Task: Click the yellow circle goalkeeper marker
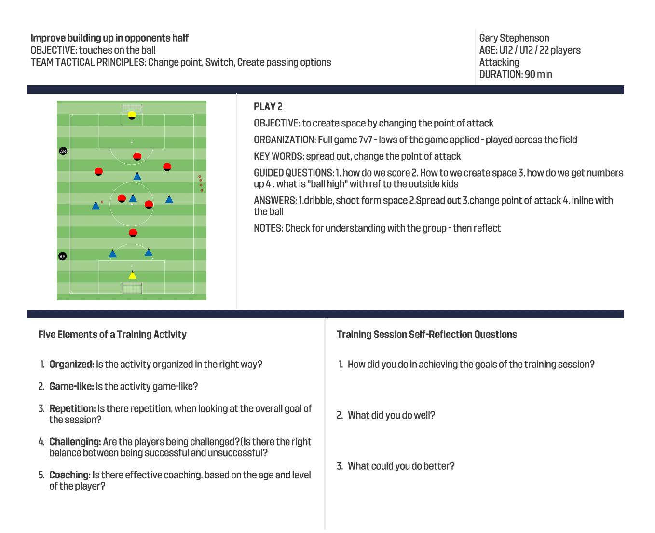[132, 115]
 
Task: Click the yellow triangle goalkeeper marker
[132, 275]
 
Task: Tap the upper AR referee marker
[63, 151]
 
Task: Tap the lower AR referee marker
[62, 256]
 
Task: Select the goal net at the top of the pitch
[132, 107]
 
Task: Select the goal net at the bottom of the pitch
[132, 288]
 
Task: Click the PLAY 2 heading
[268, 107]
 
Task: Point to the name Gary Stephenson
[514, 38]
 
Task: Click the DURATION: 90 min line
[515, 74]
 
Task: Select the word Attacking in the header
[499, 62]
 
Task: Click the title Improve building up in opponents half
[109, 38]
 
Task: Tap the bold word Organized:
[71, 365]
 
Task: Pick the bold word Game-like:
[71, 387]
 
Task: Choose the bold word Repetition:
[72, 409]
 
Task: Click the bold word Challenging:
[75, 442]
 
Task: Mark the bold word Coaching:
[69, 475]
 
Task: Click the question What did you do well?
[391, 415]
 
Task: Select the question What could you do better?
[401, 466]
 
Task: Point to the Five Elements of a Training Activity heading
[112, 335]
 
